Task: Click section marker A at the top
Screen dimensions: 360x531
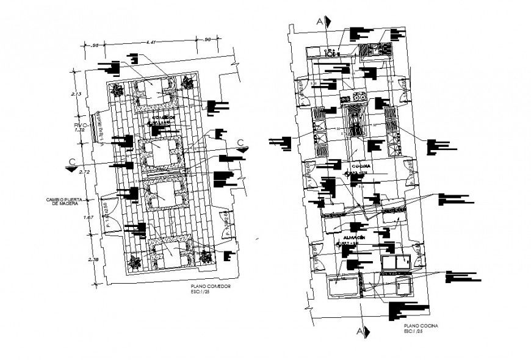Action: (320, 20)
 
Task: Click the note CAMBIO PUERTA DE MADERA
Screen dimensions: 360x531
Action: (67, 201)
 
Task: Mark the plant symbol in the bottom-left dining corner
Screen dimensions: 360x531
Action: (133, 262)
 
